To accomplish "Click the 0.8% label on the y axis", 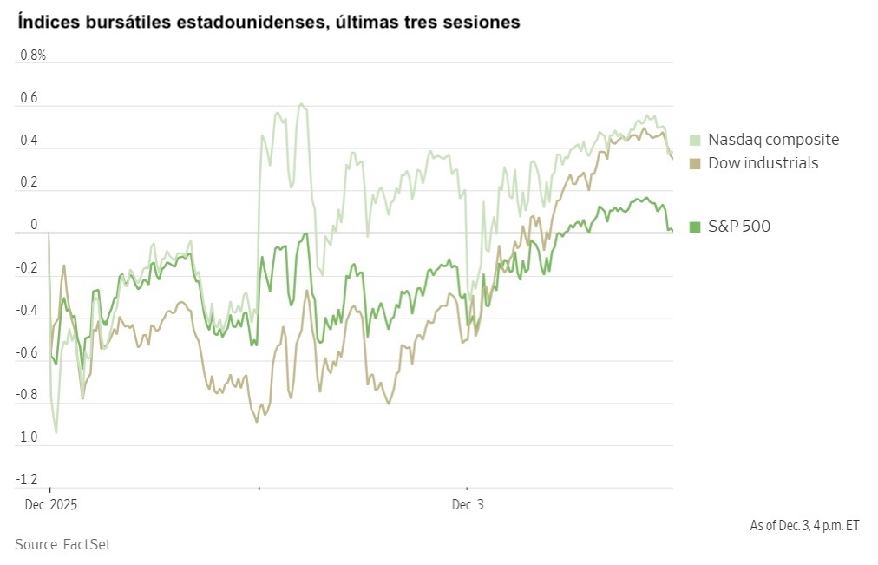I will tap(32, 56).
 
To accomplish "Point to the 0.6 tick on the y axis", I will tap(29, 98).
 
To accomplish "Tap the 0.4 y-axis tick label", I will tap(29, 141).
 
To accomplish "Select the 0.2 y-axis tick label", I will tap(29, 183).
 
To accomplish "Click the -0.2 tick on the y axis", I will tap(27, 268).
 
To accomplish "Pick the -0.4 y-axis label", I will tap(27, 311).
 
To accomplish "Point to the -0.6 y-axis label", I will tap(27, 353).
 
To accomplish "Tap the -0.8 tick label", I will tap(27, 396).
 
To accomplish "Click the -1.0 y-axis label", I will tap(27, 438).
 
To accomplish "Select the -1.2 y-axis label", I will tap(27, 481).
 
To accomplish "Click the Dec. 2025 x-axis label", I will tap(50, 504).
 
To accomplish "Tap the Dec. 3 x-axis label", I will tap(467, 504).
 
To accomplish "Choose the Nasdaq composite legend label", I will tap(773, 140).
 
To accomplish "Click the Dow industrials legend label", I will tap(763, 163).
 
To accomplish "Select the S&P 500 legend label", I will tap(738, 227).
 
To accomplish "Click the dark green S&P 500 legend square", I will tap(695, 227).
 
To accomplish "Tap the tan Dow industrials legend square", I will tap(695, 163).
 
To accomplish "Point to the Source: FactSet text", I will tap(62, 545).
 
